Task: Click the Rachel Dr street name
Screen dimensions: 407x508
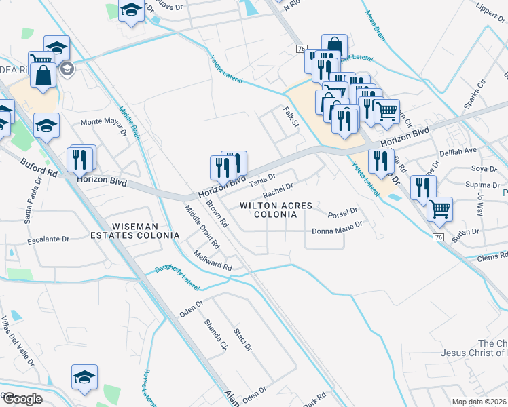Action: pos(278,189)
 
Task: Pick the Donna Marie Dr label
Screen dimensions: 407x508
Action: pos(339,231)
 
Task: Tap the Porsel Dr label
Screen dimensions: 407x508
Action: pos(342,214)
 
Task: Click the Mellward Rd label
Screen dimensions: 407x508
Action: pos(212,263)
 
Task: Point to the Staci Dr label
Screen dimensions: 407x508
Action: pos(242,338)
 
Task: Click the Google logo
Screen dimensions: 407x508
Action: pos(22,399)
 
